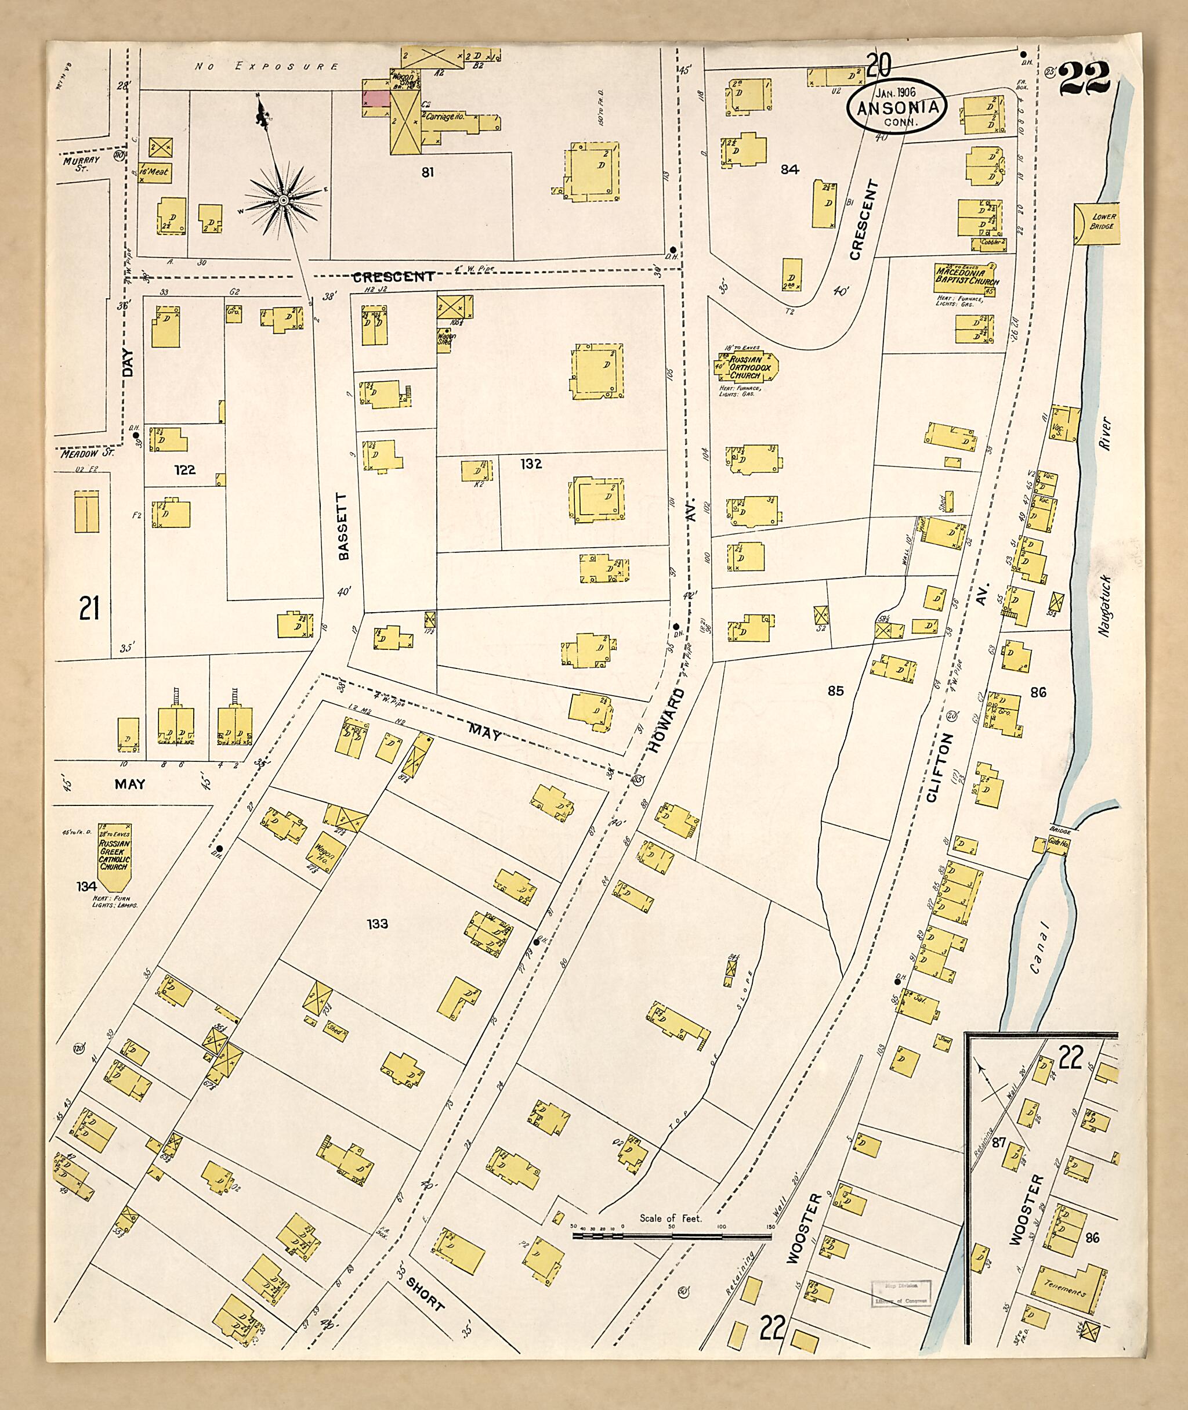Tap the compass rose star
284,200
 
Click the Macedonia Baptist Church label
966,277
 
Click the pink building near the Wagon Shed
376,97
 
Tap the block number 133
377,924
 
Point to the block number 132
531,464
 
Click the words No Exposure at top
267,67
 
